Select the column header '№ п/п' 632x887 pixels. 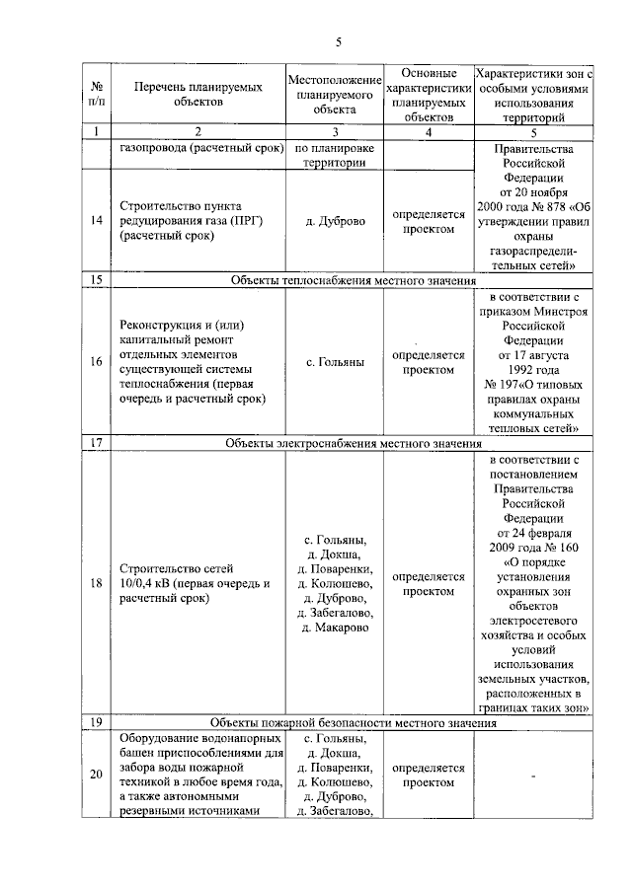(96, 95)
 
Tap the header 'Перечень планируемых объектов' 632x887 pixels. (197, 95)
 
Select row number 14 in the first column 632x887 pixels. (96, 221)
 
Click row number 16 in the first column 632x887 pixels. (96, 362)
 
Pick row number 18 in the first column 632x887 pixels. (96, 582)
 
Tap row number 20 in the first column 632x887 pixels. (96, 775)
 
